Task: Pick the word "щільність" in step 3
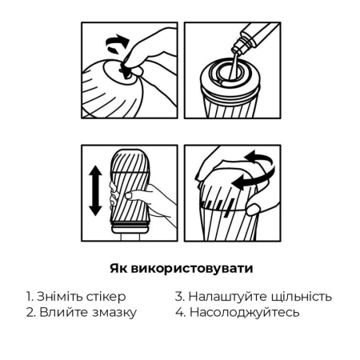(x=299, y=296)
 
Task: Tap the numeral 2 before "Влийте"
(x=28, y=312)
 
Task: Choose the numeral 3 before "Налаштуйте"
(x=179, y=296)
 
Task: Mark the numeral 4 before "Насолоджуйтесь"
(x=179, y=312)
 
